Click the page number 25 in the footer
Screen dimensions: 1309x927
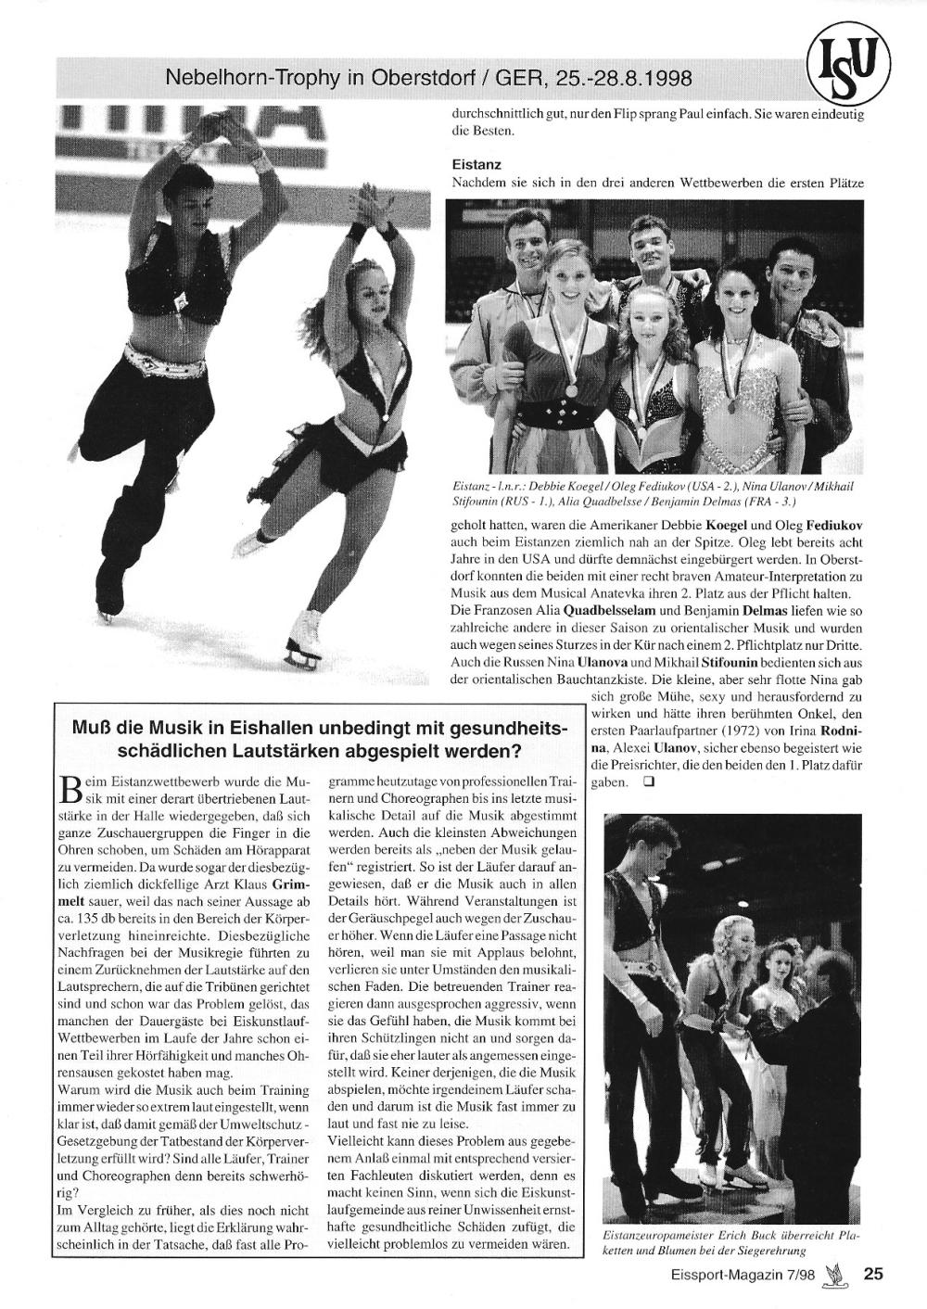tap(873, 1274)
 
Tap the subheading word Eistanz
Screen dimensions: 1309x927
tap(476, 165)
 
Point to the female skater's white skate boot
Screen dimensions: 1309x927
tap(306, 628)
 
